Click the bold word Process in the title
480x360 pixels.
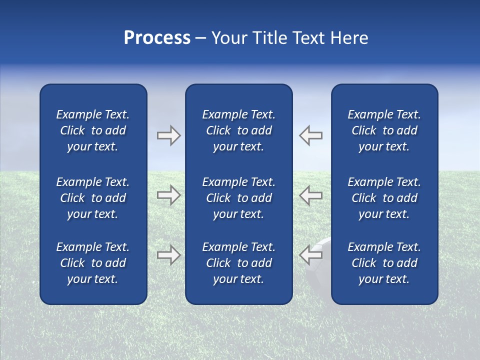click(157, 38)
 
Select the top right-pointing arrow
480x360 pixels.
click(168, 135)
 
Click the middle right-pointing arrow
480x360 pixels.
click(168, 195)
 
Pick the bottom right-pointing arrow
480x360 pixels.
click(168, 255)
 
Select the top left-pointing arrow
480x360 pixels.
click(311, 135)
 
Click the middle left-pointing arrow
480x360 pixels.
click(311, 195)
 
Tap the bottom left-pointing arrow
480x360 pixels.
click(311, 255)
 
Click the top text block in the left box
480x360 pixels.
click(93, 130)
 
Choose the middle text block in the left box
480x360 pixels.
click(93, 198)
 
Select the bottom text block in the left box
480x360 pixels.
click(93, 263)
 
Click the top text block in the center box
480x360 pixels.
click(238, 130)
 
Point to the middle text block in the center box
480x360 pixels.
click(238, 198)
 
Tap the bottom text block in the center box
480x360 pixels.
click(238, 263)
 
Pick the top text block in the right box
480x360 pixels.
click(384, 130)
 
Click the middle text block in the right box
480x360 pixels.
click(384, 198)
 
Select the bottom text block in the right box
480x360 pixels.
click(384, 263)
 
